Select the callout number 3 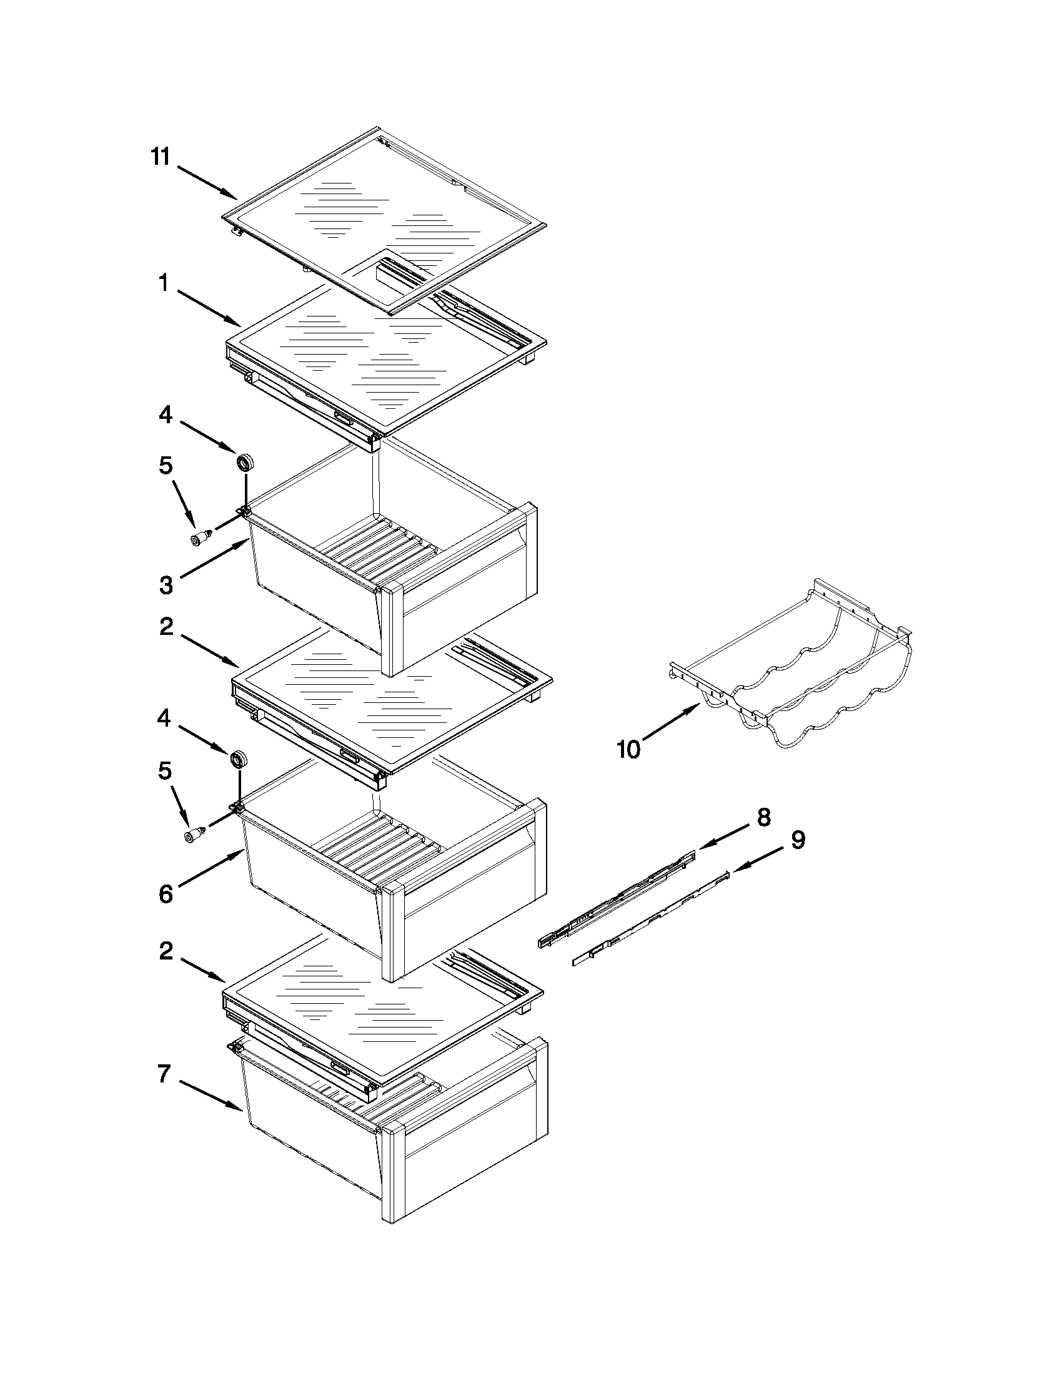click(x=166, y=586)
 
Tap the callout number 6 click(x=165, y=894)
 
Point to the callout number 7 click(x=163, y=1074)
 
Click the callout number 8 click(x=763, y=817)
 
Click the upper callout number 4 click(x=165, y=415)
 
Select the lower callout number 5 click(x=165, y=772)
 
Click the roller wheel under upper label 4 click(x=244, y=463)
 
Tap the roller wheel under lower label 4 click(x=237, y=759)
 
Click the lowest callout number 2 click(x=166, y=951)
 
